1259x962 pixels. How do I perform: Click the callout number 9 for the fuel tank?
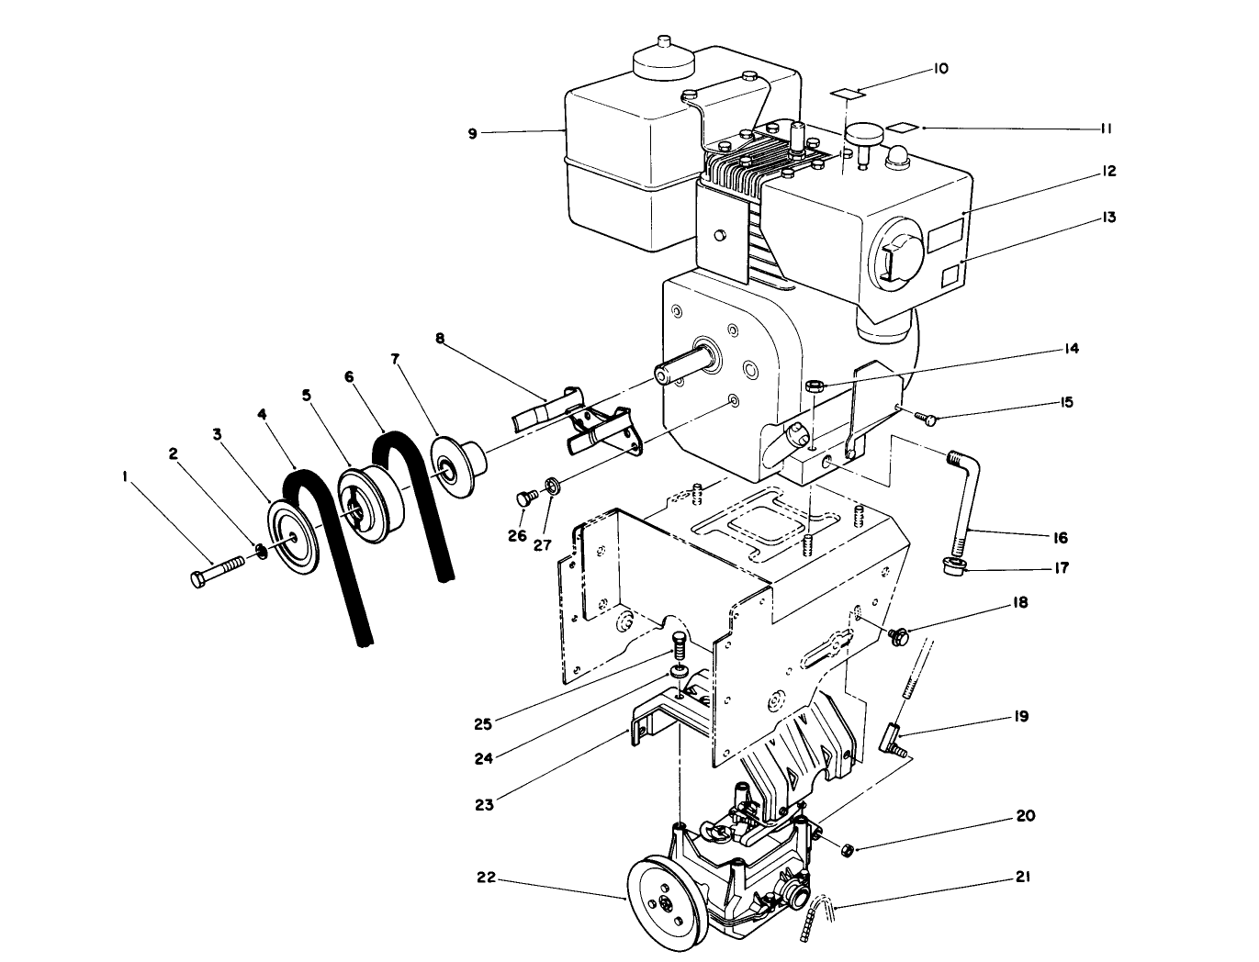pyautogui.click(x=472, y=133)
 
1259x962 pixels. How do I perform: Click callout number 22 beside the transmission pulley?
pyautogui.click(x=486, y=878)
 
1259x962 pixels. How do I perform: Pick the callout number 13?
pyautogui.click(x=1109, y=218)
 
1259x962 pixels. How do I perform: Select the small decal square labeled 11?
pyautogui.click(x=902, y=128)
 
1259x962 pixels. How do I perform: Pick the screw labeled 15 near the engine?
pyautogui.click(x=929, y=419)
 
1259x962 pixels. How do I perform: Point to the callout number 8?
pyautogui.click(x=440, y=338)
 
